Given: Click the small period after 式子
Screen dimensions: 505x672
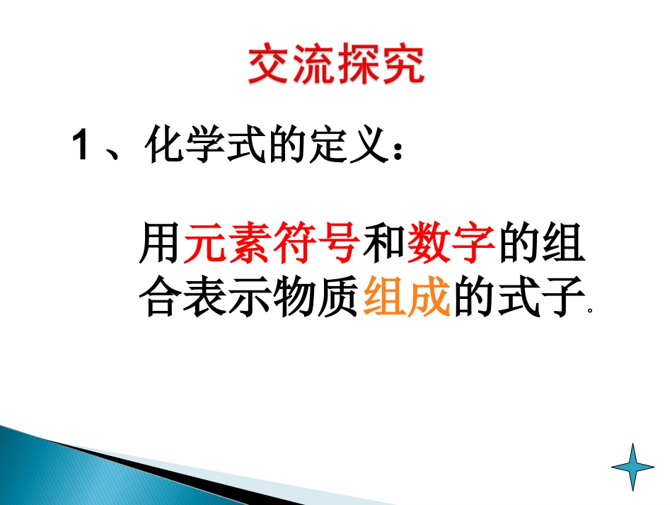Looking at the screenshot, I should [x=589, y=311].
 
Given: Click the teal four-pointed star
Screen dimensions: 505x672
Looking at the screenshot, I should [x=633, y=466].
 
